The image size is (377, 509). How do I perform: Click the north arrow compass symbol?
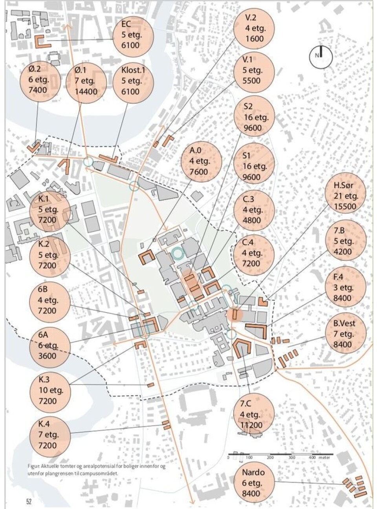320,56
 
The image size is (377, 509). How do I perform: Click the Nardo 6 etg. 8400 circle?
253,483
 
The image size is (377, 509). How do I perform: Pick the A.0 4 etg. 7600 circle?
200,160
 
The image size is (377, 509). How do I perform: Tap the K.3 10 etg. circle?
49,390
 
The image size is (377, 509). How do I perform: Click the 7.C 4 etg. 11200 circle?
253,414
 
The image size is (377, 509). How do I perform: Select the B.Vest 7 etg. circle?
345,334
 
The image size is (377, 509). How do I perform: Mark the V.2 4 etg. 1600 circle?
254,28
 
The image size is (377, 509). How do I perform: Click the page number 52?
29,502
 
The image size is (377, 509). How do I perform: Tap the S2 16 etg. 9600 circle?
254,117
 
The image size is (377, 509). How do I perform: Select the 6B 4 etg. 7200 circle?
49,300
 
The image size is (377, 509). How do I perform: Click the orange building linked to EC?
43,42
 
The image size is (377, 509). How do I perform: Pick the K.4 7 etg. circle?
49,434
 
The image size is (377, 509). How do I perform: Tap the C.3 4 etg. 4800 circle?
254,209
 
